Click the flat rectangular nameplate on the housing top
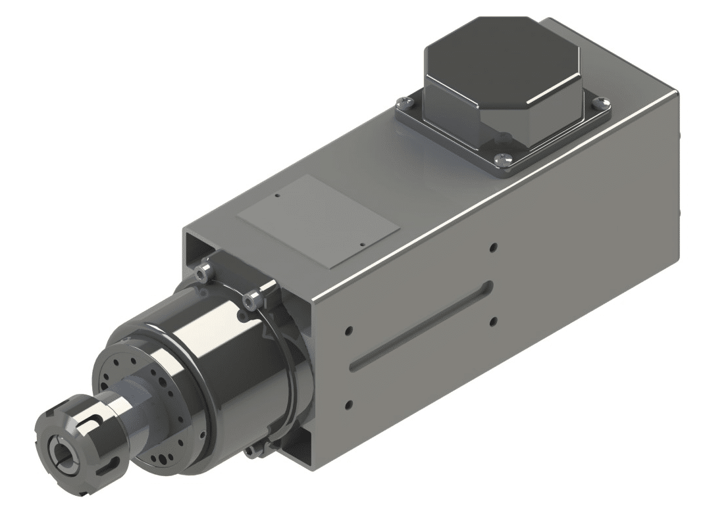319,220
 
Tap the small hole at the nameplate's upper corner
278,195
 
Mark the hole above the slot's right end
493,248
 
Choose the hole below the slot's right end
493,322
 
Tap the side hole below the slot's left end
349,403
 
